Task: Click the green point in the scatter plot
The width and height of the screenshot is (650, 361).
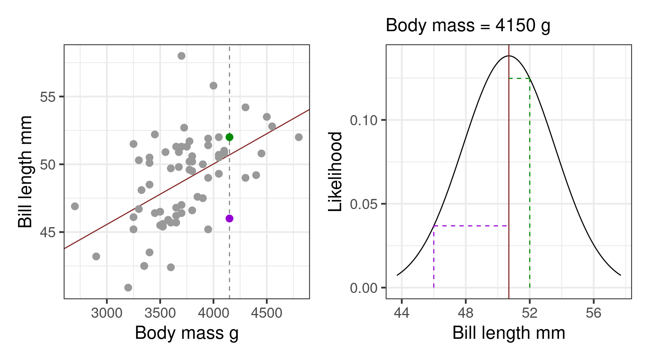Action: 229,137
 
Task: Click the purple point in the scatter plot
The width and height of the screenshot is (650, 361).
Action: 229,218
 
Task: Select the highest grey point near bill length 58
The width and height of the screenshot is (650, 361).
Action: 181,56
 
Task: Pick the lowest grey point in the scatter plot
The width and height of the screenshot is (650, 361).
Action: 128,288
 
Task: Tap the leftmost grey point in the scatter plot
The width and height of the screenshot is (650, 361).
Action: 75,206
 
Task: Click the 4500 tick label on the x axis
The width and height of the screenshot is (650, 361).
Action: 266,312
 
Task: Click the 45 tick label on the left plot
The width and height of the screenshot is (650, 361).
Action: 47,232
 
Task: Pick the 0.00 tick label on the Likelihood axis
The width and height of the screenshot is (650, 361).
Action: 363,288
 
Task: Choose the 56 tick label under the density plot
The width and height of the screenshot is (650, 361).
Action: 594,312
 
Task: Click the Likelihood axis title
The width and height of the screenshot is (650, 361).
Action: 335,171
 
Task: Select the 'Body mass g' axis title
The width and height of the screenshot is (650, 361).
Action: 187,333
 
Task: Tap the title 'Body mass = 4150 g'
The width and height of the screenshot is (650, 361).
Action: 468,26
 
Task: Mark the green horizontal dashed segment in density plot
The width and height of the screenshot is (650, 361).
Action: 519,79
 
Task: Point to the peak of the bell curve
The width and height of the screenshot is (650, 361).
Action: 509,56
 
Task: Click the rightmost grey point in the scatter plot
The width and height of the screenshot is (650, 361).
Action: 299,137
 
